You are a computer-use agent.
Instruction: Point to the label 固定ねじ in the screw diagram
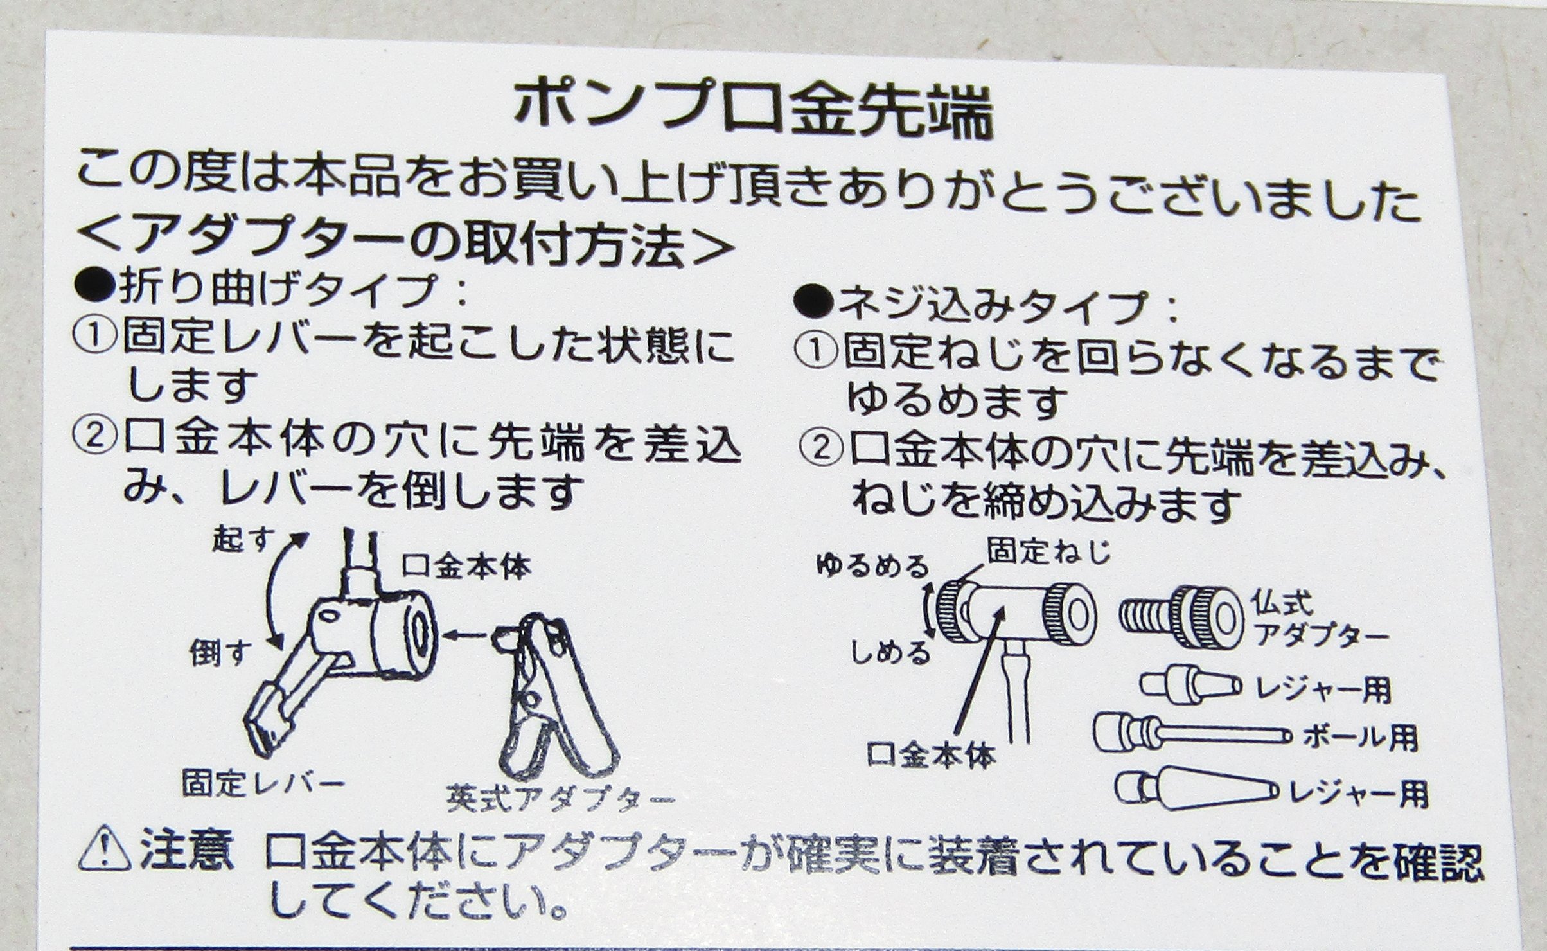1050,550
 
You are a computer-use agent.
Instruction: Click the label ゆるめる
874,565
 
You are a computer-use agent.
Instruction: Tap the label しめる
890,652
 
